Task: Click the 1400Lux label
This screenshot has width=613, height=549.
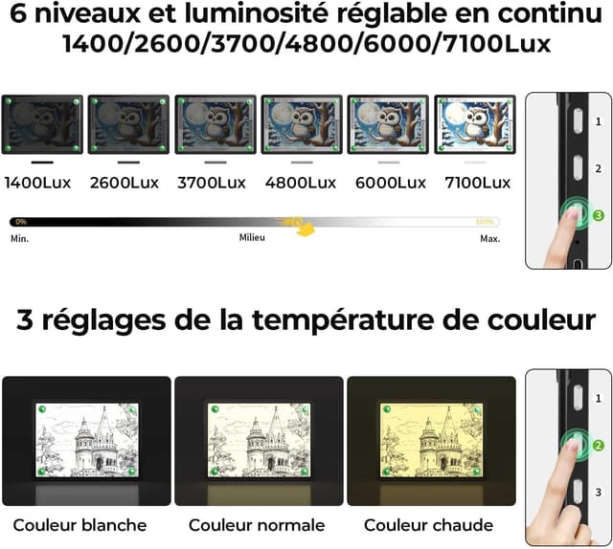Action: click(x=40, y=183)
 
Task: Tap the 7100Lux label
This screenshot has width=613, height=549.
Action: click(x=474, y=183)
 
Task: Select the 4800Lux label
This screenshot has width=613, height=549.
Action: click(x=301, y=183)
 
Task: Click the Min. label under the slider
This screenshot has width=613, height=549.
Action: click(x=19, y=238)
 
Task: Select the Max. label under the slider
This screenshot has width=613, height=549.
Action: click(x=489, y=238)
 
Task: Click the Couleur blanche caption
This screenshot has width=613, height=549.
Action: click(x=79, y=525)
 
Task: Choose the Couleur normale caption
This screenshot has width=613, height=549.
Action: click(x=257, y=525)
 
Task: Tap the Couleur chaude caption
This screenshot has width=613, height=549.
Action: click(x=428, y=525)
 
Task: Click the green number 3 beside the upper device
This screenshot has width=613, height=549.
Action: click(x=598, y=216)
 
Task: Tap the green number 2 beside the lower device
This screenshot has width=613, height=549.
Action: click(x=598, y=445)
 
